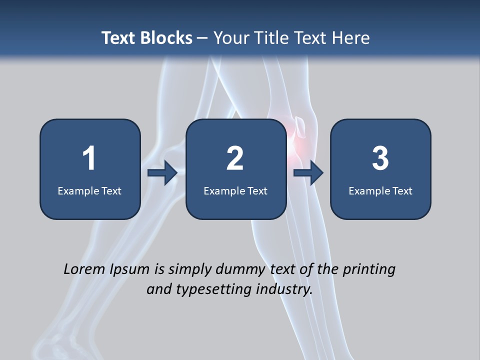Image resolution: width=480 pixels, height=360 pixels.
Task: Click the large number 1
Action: pos(89,158)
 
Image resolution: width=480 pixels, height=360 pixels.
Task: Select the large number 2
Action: pos(235,158)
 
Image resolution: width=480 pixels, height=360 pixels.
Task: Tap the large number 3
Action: pos(380,158)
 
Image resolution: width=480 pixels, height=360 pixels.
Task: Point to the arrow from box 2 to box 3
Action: pos(308,173)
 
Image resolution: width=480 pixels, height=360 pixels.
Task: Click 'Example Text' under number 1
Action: pos(89,190)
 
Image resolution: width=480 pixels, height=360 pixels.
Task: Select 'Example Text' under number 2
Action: pos(235,190)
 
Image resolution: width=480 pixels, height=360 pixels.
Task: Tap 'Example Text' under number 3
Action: pos(380,190)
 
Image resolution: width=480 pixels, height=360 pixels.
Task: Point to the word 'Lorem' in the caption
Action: pos(85,269)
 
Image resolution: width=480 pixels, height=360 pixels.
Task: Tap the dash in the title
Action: pos(202,38)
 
